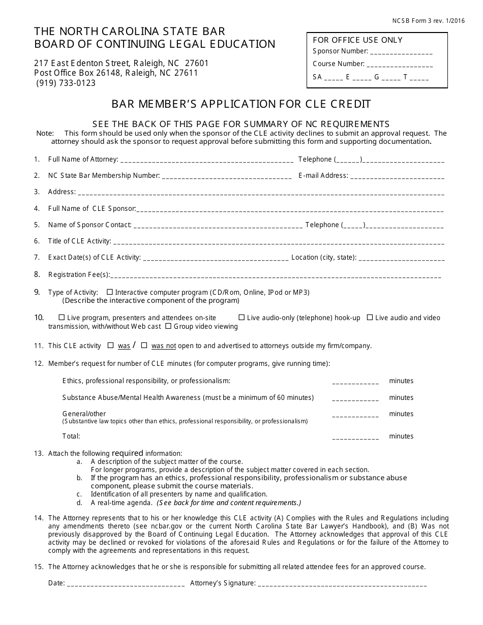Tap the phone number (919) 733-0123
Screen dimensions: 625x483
pos(66,83)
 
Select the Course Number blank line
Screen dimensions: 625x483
pos(399,65)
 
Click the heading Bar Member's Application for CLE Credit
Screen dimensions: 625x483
pos(241,105)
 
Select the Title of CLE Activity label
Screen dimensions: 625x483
pos(79,241)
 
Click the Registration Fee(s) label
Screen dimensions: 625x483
pos(79,275)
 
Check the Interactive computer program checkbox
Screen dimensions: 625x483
pos(110,292)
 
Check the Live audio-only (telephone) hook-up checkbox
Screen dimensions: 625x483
pos(242,318)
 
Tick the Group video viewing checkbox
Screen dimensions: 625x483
pos(168,326)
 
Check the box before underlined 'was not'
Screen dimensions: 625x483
pos(144,346)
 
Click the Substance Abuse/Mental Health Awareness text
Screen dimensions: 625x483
pos(132,397)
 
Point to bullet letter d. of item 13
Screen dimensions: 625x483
pos(79,503)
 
